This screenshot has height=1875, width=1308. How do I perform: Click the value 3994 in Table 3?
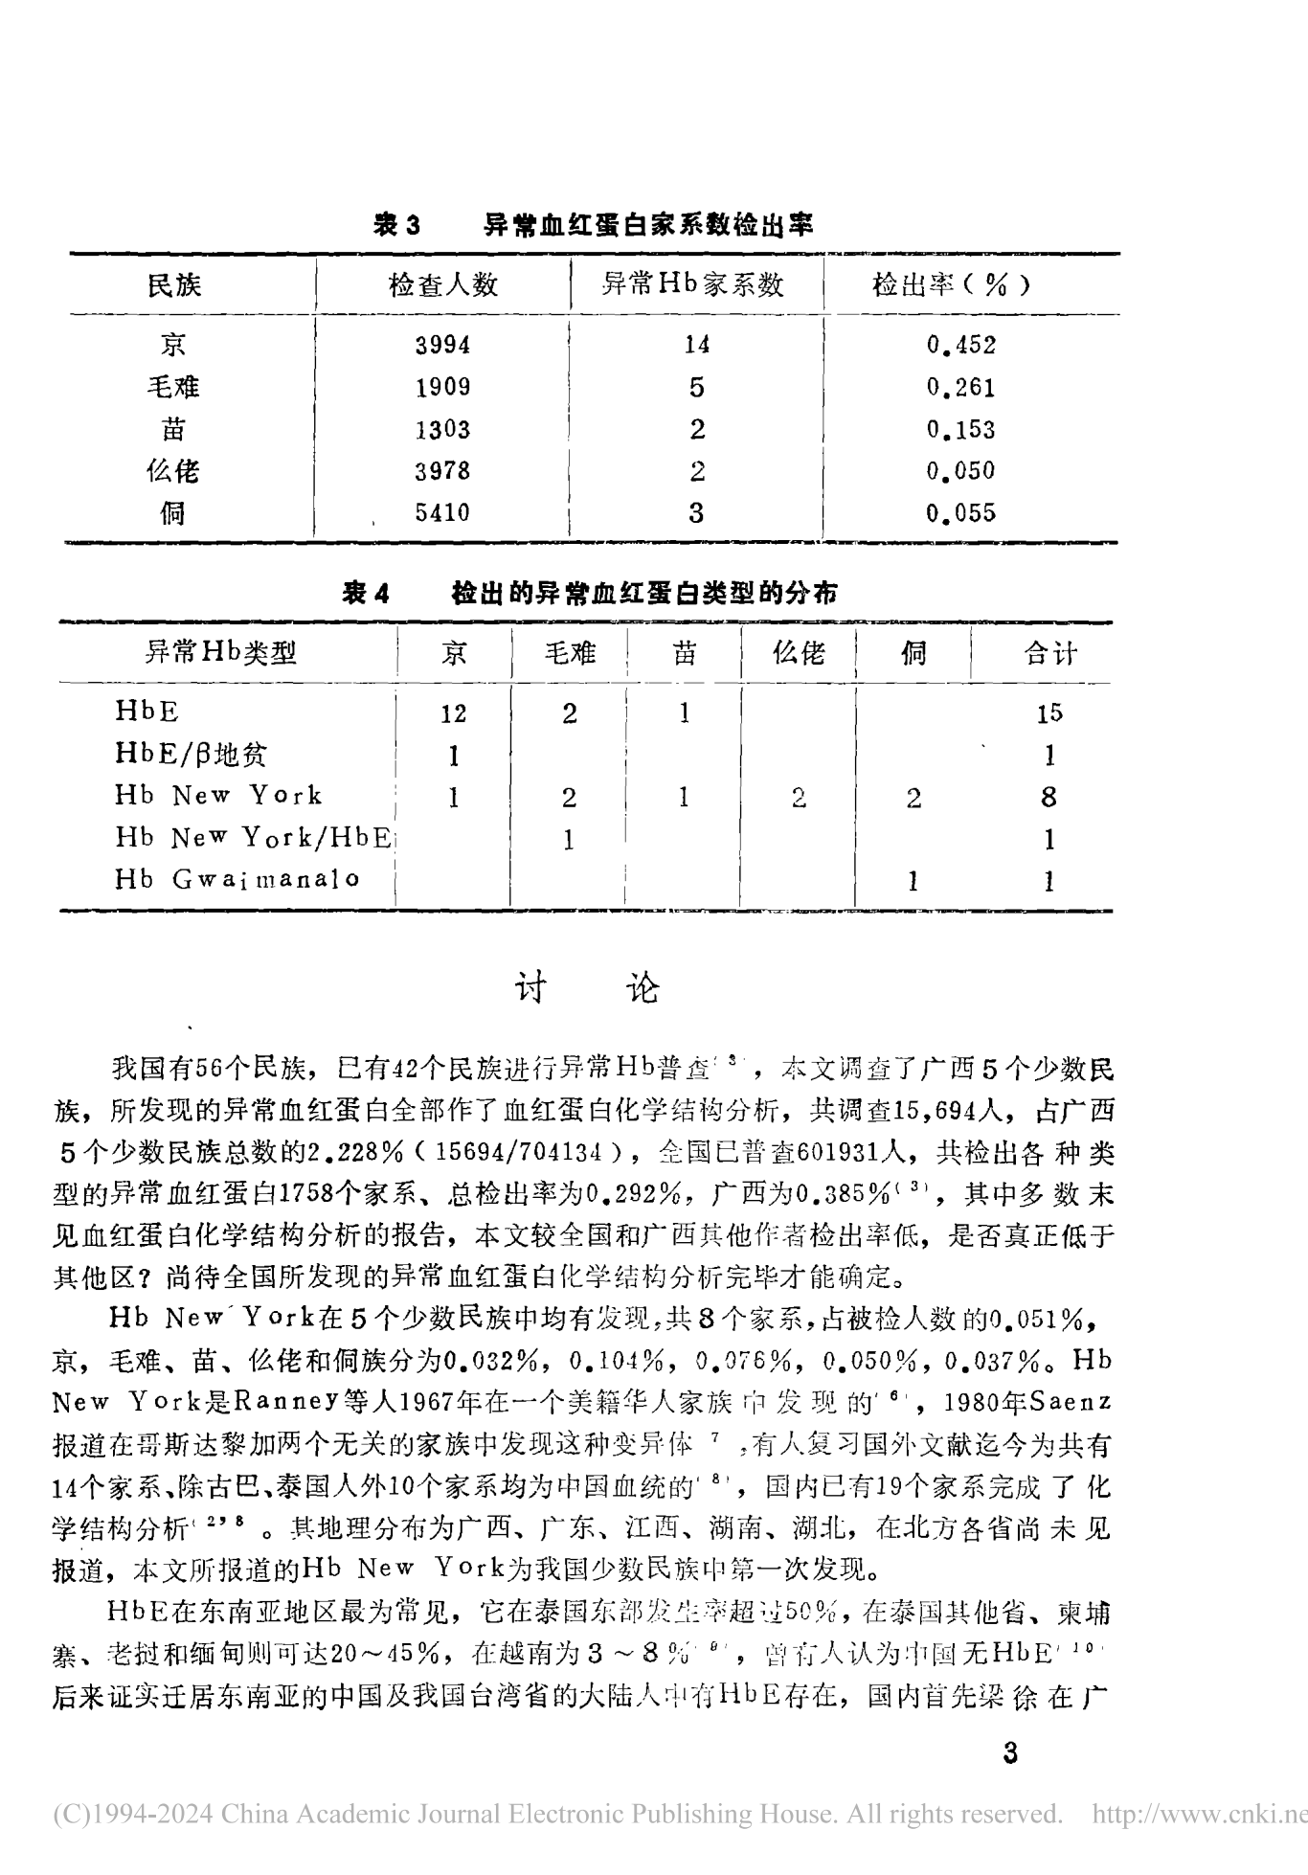(x=442, y=345)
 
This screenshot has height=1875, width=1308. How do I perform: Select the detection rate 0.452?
(x=960, y=345)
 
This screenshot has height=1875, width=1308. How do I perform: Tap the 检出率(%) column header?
(x=950, y=284)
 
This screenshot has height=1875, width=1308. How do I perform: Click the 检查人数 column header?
(x=442, y=284)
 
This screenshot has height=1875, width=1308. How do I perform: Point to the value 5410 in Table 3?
(x=442, y=513)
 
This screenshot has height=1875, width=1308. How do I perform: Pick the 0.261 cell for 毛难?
(x=960, y=388)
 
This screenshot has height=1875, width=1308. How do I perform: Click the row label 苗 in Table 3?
(x=173, y=429)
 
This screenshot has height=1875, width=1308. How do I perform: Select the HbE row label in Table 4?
(x=147, y=711)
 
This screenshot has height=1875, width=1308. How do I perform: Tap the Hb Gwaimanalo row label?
(x=237, y=879)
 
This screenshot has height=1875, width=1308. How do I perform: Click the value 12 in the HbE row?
(x=453, y=713)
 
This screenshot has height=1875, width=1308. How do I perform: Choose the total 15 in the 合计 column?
(x=1049, y=713)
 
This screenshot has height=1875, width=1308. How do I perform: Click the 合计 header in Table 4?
(x=1049, y=654)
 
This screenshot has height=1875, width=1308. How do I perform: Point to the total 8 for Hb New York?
(x=1049, y=797)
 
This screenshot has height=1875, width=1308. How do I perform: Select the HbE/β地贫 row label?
(x=191, y=755)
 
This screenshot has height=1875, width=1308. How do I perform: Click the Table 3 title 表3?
(x=396, y=225)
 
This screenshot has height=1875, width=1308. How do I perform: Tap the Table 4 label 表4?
(x=366, y=594)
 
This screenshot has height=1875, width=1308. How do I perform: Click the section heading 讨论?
(x=587, y=988)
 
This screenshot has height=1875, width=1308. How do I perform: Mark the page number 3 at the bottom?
(x=1009, y=1754)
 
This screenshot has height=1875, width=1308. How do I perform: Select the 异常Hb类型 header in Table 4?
(x=220, y=653)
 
